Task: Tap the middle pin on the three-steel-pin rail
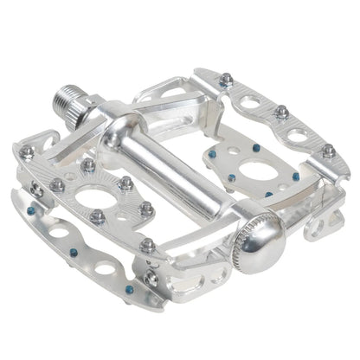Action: [281, 112]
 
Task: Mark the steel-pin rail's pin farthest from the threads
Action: [329, 151]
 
